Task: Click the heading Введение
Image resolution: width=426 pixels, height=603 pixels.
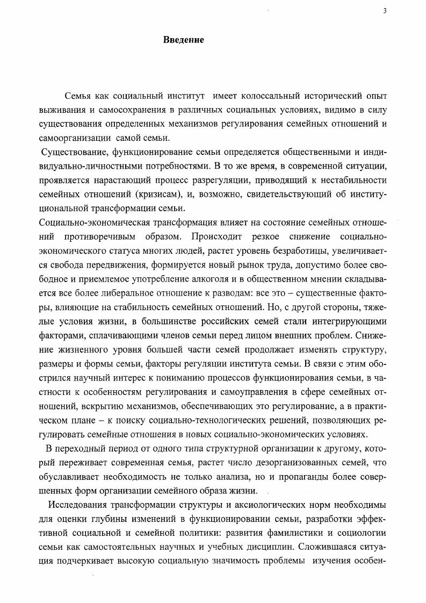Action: (x=183, y=40)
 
